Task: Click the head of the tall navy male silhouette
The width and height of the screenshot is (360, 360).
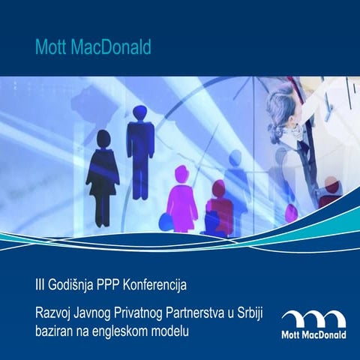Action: coord(139,112)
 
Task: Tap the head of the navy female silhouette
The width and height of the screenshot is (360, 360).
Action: coord(103,140)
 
